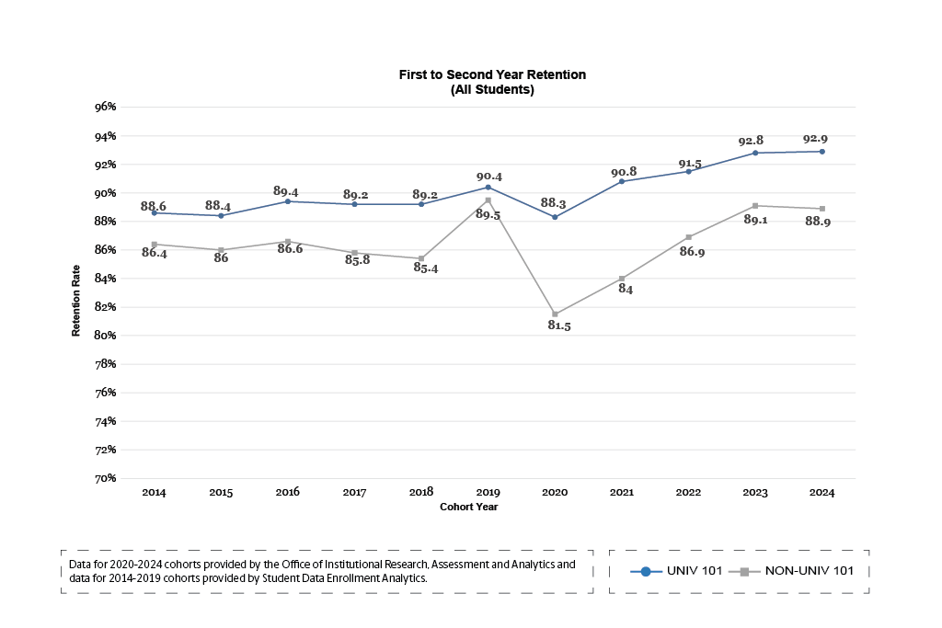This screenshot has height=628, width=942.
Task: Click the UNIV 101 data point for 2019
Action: coord(488,188)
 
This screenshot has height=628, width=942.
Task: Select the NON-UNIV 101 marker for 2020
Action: coord(555,314)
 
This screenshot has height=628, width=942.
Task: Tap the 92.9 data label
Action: coord(815,139)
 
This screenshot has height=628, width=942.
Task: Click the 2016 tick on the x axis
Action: coord(287,493)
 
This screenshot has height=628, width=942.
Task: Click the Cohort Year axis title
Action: coord(469,507)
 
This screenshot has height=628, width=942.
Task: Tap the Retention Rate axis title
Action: coord(77,301)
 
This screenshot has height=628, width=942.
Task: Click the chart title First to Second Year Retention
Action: coord(492,74)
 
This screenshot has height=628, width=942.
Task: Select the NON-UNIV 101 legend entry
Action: coord(797,571)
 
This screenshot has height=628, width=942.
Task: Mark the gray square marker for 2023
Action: coord(755,206)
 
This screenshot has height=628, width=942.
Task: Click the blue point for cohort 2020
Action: coord(555,217)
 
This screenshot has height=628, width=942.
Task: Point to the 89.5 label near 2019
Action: coord(488,215)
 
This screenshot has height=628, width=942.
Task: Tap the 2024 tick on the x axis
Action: coord(821,493)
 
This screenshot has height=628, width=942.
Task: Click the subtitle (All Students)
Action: coord(492,90)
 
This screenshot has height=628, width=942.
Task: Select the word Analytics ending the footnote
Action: coord(402,578)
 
